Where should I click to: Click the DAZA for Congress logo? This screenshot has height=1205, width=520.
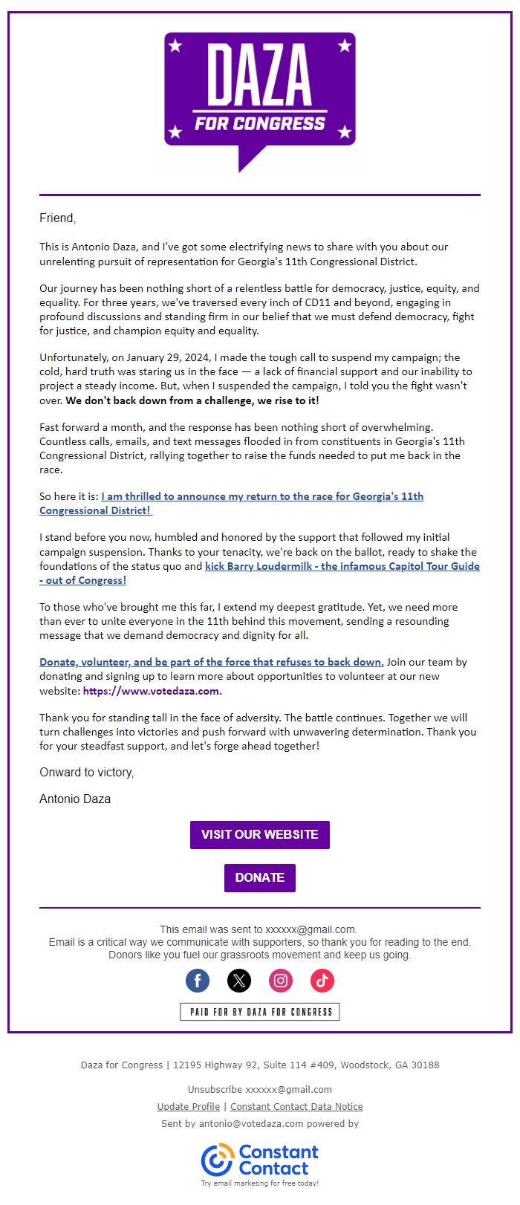[x=259, y=97]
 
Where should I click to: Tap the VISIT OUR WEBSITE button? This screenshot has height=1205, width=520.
[x=259, y=834]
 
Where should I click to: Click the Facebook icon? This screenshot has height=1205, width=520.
[x=198, y=981]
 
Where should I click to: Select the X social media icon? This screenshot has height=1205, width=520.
[x=239, y=981]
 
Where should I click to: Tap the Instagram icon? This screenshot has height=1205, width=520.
[x=281, y=981]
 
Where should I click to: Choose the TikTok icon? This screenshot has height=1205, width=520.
[x=322, y=981]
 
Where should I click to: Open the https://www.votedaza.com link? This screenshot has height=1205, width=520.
[x=152, y=691]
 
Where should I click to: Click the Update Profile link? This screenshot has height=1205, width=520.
[x=188, y=1106]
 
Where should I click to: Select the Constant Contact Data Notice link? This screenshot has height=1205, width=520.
[x=296, y=1106]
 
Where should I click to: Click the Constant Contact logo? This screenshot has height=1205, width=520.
[x=259, y=1160]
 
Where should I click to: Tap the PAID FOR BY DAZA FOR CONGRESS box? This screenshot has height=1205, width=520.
[x=259, y=1012]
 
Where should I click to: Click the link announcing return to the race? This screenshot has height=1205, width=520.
[x=262, y=496]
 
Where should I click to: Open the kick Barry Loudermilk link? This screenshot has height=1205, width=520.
[x=342, y=566]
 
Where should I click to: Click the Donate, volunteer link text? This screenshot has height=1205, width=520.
[x=212, y=662]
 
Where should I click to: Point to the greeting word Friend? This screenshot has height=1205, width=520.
[x=56, y=218]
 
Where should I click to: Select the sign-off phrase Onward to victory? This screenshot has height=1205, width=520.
[x=86, y=772]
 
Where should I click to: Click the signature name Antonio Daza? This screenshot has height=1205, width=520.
[x=75, y=799]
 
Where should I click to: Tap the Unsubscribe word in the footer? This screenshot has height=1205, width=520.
[x=215, y=1089]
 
